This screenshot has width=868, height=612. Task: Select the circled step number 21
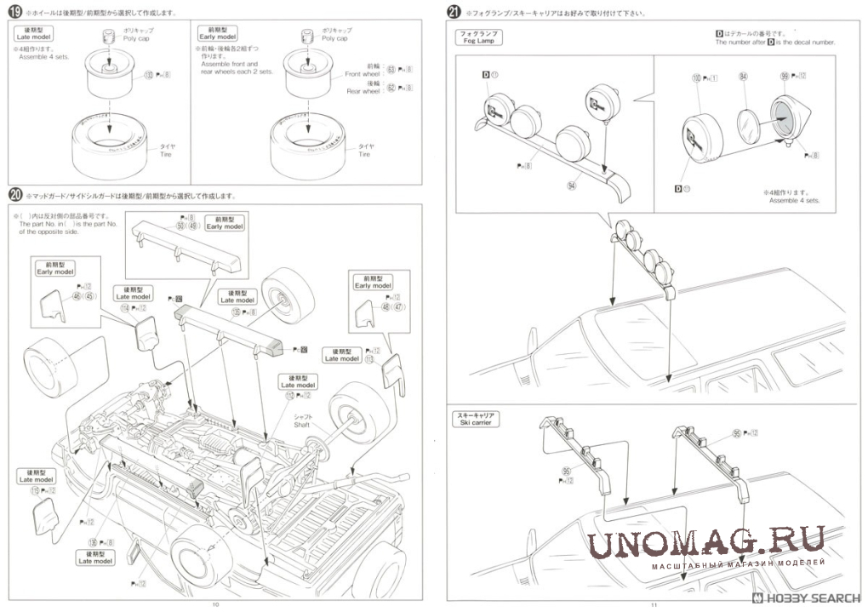click(x=454, y=13)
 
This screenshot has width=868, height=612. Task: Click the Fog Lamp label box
click(x=479, y=37)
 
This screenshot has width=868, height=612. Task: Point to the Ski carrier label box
click(x=477, y=419)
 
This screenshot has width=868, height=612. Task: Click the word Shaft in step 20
click(x=303, y=424)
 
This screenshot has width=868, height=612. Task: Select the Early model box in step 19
click(x=217, y=34)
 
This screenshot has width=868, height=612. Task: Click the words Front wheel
click(x=362, y=74)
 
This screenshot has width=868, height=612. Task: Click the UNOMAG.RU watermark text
click(x=706, y=542)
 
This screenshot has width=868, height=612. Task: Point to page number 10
click(x=216, y=603)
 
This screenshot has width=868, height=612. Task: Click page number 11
click(x=654, y=603)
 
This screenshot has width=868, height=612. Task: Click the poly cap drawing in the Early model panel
click(x=306, y=39)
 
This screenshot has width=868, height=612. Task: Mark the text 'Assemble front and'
click(x=229, y=65)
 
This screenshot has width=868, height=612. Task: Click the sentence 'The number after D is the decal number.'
click(x=775, y=42)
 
